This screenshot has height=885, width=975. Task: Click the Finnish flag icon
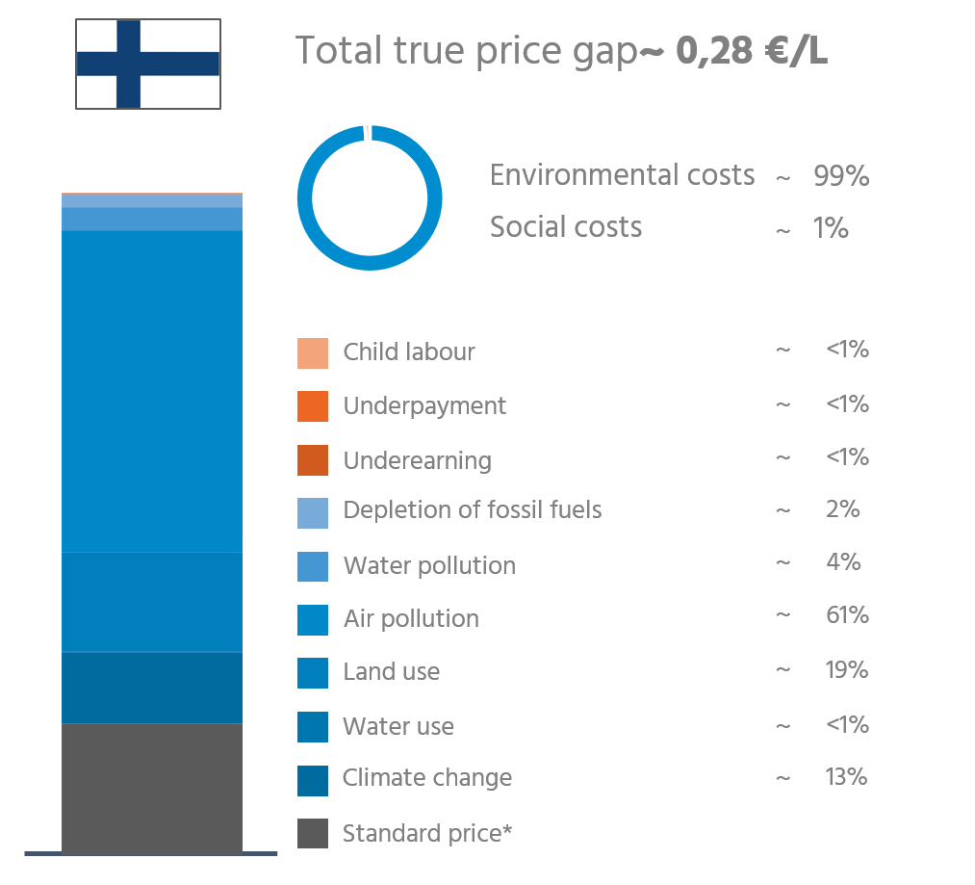click(x=148, y=64)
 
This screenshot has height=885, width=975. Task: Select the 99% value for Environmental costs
click(x=841, y=176)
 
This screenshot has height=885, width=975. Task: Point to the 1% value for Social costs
click(x=830, y=228)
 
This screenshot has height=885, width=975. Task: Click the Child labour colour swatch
click(x=313, y=353)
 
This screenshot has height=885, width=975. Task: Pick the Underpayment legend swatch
click(x=313, y=406)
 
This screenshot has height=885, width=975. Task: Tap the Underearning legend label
click(x=417, y=460)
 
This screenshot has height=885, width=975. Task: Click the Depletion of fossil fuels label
click(x=472, y=509)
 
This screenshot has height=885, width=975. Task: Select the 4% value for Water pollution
click(x=843, y=561)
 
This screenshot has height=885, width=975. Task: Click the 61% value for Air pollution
click(x=846, y=615)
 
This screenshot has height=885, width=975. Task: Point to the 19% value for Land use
click(x=846, y=669)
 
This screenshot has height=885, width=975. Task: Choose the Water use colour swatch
click(x=313, y=726)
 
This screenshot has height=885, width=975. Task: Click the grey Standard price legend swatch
click(x=313, y=833)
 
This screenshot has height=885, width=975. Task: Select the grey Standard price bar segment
click(x=152, y=787)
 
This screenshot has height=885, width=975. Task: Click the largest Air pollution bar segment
click(x=152, y=390)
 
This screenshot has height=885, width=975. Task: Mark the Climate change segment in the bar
click(x=152, y=687)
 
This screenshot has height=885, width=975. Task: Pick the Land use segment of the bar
click(x=152, y=602)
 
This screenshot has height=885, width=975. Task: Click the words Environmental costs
click(x=622, y=175)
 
